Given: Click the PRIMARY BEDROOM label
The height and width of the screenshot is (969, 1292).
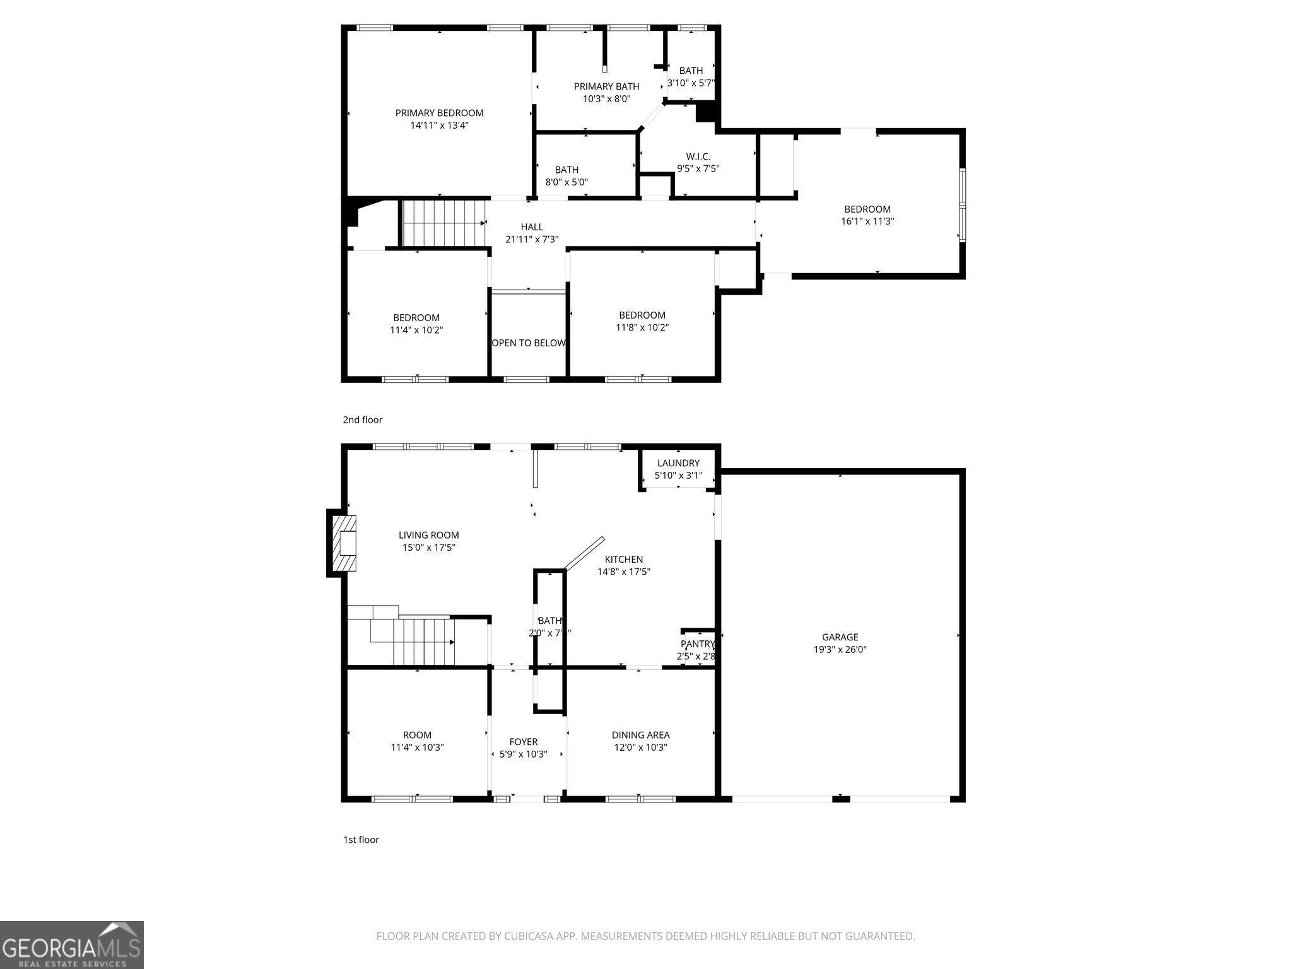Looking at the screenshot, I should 439,113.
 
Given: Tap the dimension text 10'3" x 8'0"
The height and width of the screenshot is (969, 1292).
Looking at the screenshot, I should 606,99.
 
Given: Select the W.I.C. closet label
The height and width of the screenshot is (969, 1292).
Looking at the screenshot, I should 698,156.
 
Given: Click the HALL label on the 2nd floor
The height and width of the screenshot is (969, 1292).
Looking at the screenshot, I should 532,227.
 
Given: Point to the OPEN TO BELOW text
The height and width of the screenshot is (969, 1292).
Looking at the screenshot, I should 529,343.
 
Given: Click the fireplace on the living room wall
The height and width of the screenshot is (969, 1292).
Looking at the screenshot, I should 344,543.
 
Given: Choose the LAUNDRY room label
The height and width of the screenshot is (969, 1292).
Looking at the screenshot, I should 678,463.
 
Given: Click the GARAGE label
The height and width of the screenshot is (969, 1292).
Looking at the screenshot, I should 840,637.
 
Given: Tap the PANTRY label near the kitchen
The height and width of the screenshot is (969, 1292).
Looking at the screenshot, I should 697,644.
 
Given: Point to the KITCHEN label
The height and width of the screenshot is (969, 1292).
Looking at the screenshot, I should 623,560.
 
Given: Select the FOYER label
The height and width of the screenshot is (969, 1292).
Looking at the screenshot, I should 523,742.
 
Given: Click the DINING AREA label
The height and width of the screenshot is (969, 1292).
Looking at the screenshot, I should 640,735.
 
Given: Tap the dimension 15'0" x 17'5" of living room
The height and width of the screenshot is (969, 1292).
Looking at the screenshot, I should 428,548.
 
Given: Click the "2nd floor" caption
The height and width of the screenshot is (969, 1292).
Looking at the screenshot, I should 363,420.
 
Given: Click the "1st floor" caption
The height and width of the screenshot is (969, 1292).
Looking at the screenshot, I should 361,840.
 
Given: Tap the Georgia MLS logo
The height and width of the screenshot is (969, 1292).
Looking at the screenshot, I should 71,945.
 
